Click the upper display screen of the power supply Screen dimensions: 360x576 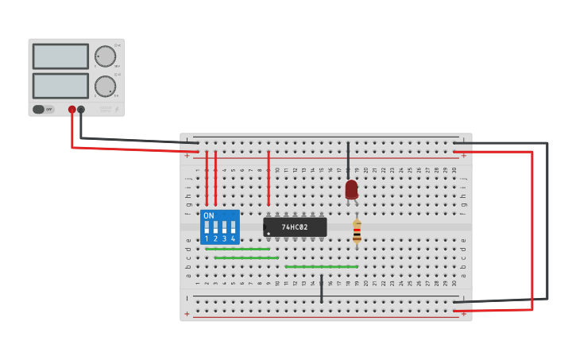(60, 56)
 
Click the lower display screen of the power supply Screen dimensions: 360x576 (60, 86)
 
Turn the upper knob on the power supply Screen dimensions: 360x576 (105, 56)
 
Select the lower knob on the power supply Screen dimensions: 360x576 (105, 86)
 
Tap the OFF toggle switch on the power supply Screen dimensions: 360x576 (43, 110)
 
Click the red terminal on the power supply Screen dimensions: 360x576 (72, 110)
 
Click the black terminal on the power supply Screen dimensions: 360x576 (81, 110)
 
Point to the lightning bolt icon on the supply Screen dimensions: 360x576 (117, 110)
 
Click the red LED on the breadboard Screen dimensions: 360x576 (351, 189)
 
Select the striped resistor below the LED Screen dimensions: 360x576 (357, 231)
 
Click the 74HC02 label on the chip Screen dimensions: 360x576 (294, 227)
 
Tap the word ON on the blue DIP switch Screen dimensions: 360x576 (208, 215)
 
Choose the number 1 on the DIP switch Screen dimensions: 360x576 (207, 238)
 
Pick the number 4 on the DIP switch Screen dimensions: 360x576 (233, 238)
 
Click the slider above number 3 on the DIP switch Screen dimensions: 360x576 (224, 227)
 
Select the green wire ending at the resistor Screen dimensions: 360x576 (321, 266)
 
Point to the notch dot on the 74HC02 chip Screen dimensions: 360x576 (269, 234)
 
